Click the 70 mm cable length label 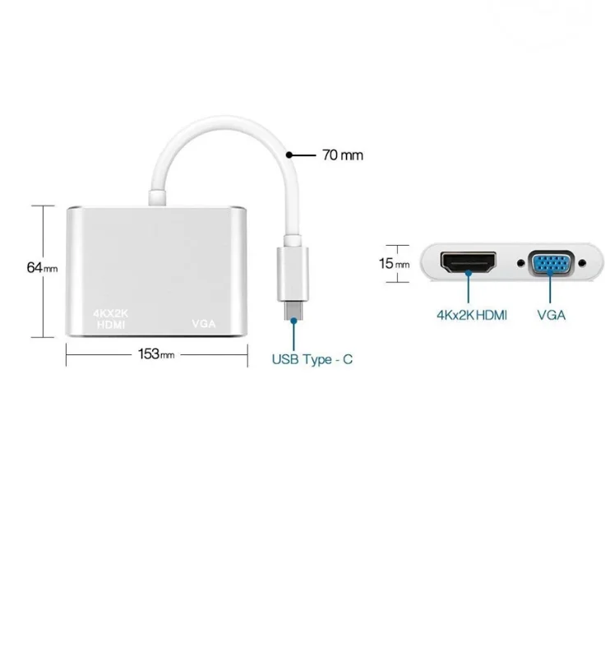click(341, 155)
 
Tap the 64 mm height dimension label click(41, 267)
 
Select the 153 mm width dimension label click(156, 354)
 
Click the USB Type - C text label click(312, 360)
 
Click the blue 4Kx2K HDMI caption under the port click(471, 315)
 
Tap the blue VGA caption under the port click(551, 315)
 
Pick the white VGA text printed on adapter click(203, 324)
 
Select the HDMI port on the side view click(469, 263)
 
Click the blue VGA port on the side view click(551, 264)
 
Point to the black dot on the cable click(289, 154)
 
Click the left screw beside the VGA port click(520, 264)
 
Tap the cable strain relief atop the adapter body click(156, 198)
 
